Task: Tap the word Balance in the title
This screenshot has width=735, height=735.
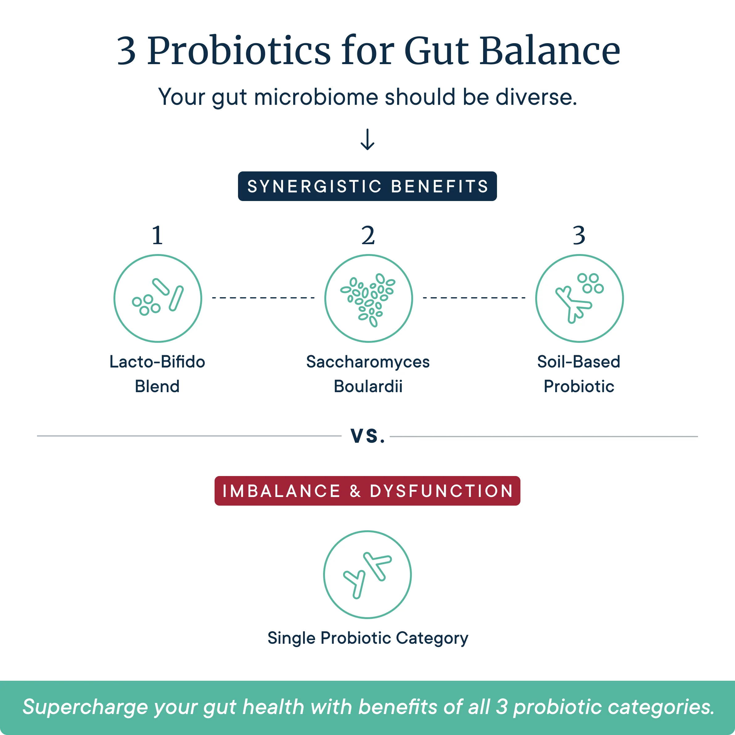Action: click(x=550, y=51)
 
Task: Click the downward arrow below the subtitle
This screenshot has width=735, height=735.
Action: click(x=367, y=140)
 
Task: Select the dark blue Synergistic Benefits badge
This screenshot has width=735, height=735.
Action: click(x=367, y=186)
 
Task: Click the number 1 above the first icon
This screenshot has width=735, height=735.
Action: click(x=158, y=236)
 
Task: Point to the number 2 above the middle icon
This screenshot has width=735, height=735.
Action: click(x=368, y=236)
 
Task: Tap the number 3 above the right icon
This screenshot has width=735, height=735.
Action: click(x=579, y=236)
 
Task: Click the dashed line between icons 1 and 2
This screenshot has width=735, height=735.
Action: click(x=263, y=298)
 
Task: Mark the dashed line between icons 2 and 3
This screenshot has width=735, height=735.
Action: click(x=474, y=298)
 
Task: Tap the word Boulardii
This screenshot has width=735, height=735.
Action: click(x=368, y=387)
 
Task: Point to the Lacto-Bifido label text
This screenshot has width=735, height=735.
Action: click(x=157, y=362)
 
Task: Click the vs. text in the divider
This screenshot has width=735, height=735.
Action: click(x=367, y=436)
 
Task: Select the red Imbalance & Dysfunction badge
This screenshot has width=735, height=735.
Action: click(x=367, y=491)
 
